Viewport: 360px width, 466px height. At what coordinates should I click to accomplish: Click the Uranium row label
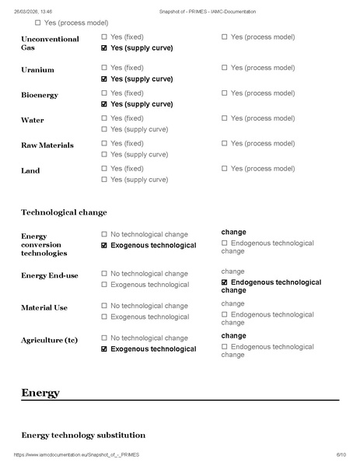(x=37, y=70)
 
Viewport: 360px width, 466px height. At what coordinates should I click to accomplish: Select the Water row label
(x=33, y=121)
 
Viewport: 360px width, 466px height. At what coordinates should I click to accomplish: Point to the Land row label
(x=30, y=170)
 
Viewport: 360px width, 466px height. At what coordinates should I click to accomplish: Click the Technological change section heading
(x=64, y=212)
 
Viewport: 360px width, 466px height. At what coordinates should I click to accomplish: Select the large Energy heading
(x=40, y=393)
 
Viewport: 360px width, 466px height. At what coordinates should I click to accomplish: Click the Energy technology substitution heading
(x=82, y=435)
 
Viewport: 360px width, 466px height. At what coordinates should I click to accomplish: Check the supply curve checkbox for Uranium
(x=105, y=79)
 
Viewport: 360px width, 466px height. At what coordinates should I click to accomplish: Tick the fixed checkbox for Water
(x=105, y=118)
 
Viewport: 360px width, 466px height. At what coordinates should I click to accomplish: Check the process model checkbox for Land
(x=225, y=168)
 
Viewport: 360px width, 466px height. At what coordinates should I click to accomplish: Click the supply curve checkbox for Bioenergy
(x=105, y=104)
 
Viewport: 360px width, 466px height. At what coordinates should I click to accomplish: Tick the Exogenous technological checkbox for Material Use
(x=105, y=317)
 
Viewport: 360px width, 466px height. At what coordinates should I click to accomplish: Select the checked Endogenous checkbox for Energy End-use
(x=225, y=282)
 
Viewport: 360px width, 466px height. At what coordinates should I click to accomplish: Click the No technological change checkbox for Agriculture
(x=105, y=338)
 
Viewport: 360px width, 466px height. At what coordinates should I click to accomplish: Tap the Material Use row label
(x=44, y=308)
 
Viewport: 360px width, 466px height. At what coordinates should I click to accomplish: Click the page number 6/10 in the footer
(x=341, y=454)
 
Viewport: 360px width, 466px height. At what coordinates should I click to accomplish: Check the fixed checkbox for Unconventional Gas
(x=105, y=37)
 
